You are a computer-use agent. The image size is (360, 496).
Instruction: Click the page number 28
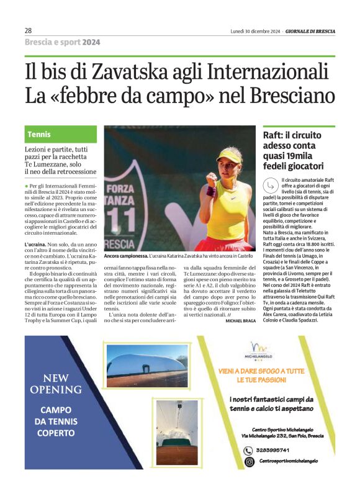click(x=29, y=30)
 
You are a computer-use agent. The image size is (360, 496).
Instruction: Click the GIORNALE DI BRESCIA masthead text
click(x=310, y=30)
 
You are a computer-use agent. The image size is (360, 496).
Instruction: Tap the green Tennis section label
click(x=39, y=134)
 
